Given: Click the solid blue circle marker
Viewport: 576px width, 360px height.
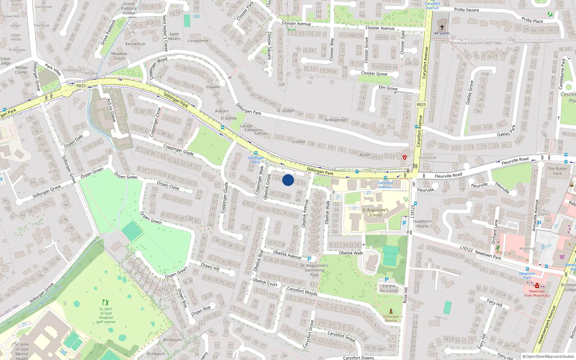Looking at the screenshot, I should coord(288,180).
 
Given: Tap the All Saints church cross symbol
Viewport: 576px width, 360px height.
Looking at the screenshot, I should coord(442,27).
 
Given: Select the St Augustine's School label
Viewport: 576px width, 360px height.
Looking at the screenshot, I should coord(375,212).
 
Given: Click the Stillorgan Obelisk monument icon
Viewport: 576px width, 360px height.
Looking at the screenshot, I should coord(391,311).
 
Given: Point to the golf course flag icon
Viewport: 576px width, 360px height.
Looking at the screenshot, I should coord(105,302).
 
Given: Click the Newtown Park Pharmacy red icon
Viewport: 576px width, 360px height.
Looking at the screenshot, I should coord(537,285).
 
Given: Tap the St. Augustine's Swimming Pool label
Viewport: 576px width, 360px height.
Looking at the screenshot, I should coord(314,270).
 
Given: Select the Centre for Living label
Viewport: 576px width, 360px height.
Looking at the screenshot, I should coord(389,288).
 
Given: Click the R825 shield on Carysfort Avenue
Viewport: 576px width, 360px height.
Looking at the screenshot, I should coord(421,104).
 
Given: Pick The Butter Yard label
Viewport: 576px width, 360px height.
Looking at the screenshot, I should coord(557,171).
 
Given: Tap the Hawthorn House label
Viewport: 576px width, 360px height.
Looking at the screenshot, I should coord(422,224).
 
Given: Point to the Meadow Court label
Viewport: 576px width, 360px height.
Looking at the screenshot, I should coord(119,56).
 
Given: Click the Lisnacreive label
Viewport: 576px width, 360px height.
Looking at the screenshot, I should coord(198,41).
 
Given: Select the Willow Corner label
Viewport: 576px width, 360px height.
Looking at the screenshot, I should coord(21,70).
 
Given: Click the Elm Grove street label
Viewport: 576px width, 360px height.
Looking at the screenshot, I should coord(388,88).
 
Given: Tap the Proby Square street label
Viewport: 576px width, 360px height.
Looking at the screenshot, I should coord(467,10).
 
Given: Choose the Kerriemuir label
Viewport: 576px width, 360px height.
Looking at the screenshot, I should coord(135,44).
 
